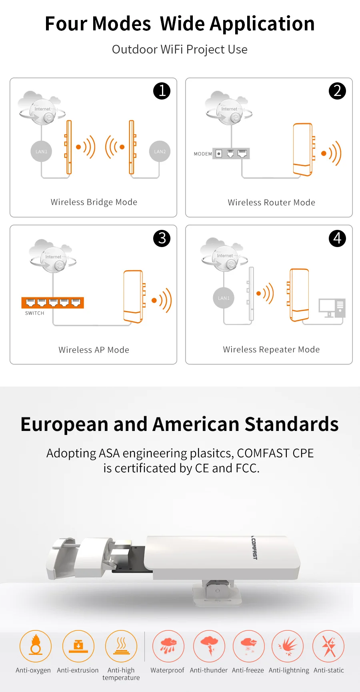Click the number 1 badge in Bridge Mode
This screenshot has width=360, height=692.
click(162, 91)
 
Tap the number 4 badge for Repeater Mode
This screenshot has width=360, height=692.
click(337, 239)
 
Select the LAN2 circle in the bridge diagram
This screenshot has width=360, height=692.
click(160, 152)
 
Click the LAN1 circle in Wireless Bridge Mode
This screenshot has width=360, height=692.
click(41, 152)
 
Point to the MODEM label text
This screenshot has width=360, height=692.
click(203, 154)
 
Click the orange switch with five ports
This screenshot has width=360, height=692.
click(52, 303)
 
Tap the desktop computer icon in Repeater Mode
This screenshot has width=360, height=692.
click(332, 308)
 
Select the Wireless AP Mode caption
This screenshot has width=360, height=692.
click(94, 350)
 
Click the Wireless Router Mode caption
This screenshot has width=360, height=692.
click(272, 203)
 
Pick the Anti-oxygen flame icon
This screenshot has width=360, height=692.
click(36, 646)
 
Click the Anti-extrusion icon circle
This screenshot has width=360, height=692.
click(78, 646)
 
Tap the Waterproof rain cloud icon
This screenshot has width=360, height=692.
click(168, 646)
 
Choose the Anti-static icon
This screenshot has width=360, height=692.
click(328, 646)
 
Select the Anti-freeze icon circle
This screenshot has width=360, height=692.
click(249, 646)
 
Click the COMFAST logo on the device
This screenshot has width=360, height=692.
click(254, 548)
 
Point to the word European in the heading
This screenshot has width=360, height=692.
click(64, 425)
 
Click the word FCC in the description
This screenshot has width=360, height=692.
click(247, 468)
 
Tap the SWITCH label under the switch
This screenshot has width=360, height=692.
click(34, 313)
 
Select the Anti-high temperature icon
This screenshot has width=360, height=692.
click(121, 646)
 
